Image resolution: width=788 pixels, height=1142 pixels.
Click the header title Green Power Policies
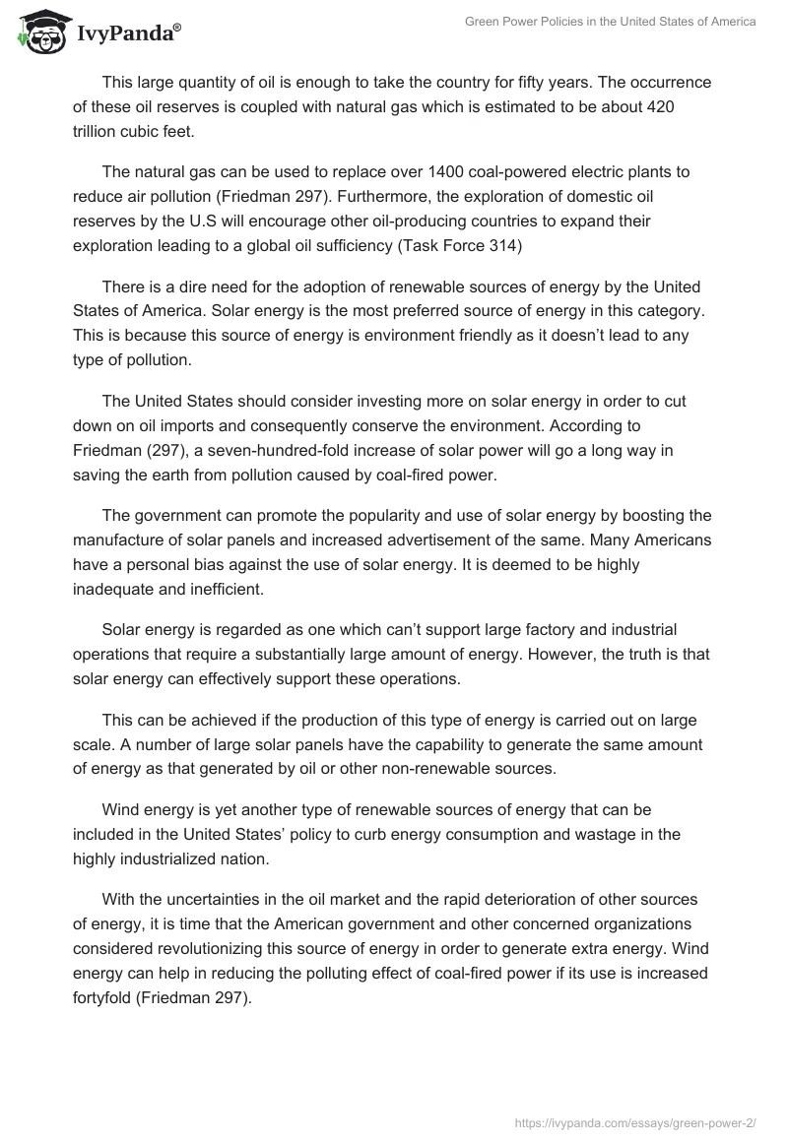pyautogui.click(x=610, y=22)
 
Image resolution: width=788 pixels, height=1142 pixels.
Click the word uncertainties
pyautogui.click(x=195, y=900)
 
